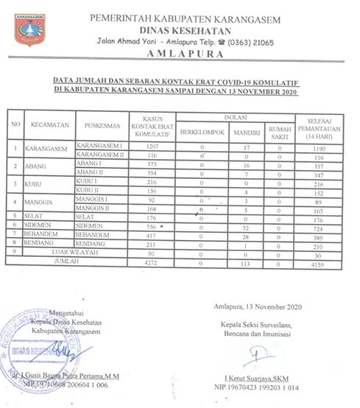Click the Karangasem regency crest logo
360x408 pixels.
click(29, 29)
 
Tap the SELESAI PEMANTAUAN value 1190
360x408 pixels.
click(319, 148)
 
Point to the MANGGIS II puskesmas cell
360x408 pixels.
click(91, 208)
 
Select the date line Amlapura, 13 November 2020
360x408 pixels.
click(254, 307)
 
